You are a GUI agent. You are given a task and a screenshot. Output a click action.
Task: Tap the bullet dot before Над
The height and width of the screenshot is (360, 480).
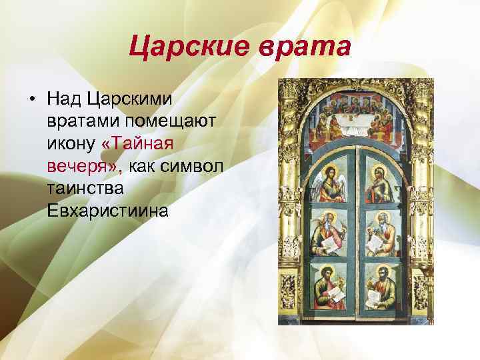32,99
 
